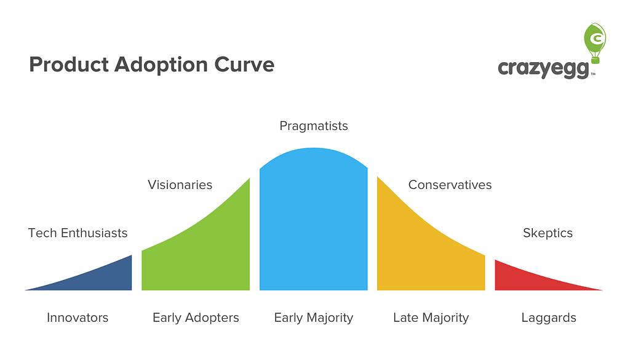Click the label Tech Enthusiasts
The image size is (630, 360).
click(x=78, y=233)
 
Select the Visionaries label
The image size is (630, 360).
click(x=180, y=185)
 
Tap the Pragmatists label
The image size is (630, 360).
click(x=314, y=126)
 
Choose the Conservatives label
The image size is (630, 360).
click(x=450, y=185)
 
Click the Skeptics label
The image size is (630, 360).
click(x=548, y=233)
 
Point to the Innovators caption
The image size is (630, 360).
click(x=78, y=318)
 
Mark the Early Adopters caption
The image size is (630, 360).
click(x=196, y=318)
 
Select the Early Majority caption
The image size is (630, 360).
click(x=313, y=318)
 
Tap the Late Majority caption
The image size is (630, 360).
click(x=431, y=318)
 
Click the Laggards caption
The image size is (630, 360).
click(x=549, y=318)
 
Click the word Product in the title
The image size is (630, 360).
click(x=69, y=65)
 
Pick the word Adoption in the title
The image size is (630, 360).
click(x=161, y=65)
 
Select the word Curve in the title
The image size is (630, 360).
click(x=244, y=65)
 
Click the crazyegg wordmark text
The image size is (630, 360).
click(x=544, y=68)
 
